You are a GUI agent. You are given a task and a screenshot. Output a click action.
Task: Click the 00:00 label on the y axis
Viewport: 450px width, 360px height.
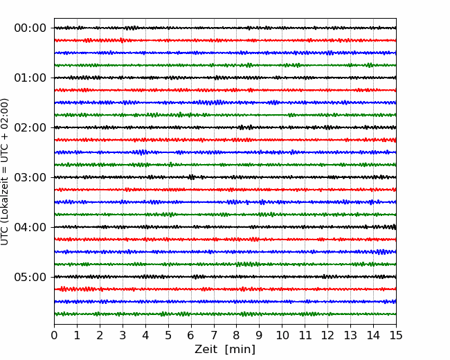[30, 28]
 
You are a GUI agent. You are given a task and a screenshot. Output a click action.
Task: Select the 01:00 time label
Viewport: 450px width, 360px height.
[30, 78]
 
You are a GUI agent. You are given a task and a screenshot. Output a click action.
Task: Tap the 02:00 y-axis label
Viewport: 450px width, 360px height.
[30, 127]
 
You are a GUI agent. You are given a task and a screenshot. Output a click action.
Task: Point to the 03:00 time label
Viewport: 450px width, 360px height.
[30, 177]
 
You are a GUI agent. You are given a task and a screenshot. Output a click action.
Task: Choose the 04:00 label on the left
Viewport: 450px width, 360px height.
[30, 227]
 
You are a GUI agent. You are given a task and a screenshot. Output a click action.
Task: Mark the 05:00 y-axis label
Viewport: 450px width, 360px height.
[30, 277]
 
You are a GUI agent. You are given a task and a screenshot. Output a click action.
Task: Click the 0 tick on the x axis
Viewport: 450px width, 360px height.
[54, 335]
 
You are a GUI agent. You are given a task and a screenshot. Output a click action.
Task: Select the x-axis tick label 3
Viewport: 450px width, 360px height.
[123, 335]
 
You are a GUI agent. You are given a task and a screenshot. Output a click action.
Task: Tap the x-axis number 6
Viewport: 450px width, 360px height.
[191, 335]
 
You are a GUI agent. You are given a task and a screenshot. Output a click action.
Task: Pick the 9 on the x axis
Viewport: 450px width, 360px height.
[259, 335]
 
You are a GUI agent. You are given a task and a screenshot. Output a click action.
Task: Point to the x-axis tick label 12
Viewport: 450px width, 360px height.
[327, 335]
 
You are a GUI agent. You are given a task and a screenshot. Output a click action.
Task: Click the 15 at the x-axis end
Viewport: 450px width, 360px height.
[396, 335]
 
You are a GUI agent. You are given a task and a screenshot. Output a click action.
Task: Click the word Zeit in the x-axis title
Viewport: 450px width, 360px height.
[206, 350]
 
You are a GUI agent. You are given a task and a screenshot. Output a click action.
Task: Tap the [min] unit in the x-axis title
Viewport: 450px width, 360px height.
[240, 350]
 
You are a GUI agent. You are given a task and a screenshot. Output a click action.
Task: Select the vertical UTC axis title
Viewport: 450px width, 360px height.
[5, 172]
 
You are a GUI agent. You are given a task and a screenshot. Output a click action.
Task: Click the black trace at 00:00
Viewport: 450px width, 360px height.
[225, 28]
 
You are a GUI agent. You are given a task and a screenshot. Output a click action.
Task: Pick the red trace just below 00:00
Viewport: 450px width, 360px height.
[225, 40]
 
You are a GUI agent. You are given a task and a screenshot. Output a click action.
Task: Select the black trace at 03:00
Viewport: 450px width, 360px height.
[225, 177]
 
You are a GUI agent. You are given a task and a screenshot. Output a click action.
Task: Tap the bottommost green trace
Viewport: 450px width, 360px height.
[225, 314]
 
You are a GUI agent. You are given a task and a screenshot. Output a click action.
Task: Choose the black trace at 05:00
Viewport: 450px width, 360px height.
[225, 277]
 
